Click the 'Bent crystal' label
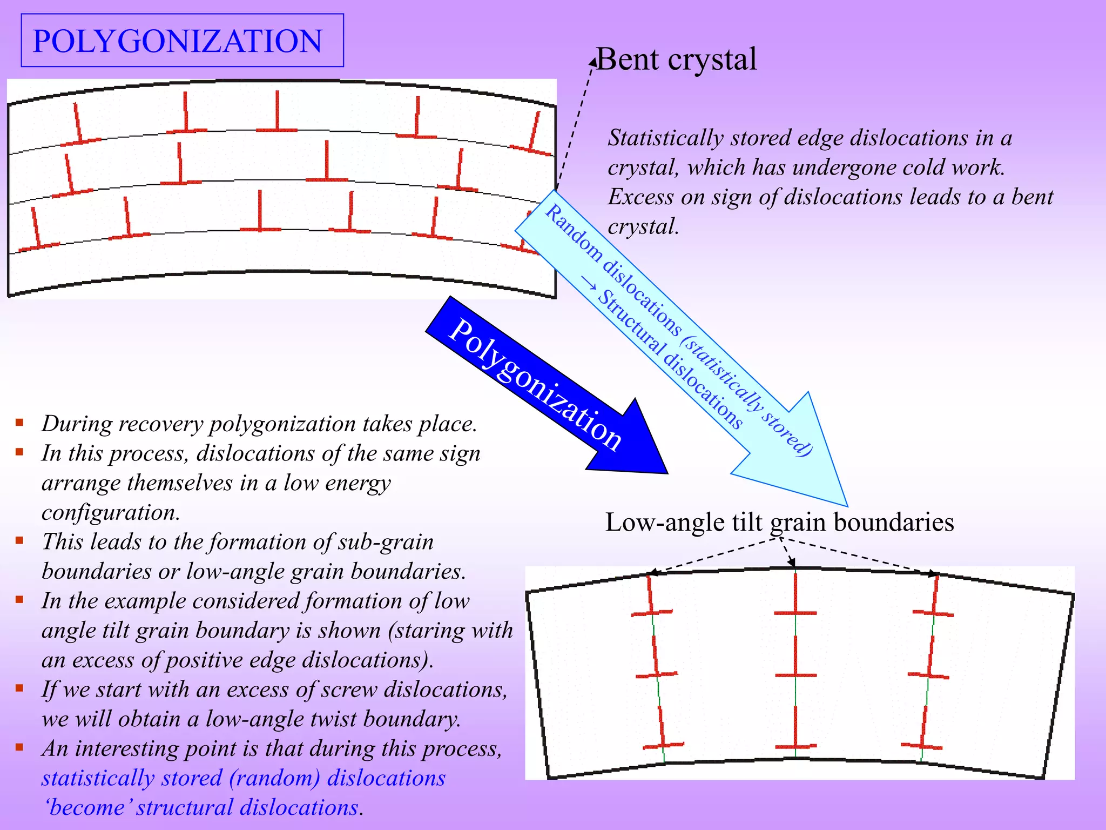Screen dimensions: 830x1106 676,59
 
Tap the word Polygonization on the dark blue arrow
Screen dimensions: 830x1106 535,384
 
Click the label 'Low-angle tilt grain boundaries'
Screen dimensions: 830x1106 779,523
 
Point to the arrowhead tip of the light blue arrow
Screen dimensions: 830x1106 846,505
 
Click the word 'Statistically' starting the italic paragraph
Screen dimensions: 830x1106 665,138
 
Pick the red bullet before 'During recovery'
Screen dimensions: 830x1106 19,423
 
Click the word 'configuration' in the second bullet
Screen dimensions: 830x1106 110,512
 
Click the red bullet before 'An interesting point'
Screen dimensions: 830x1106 19,747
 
